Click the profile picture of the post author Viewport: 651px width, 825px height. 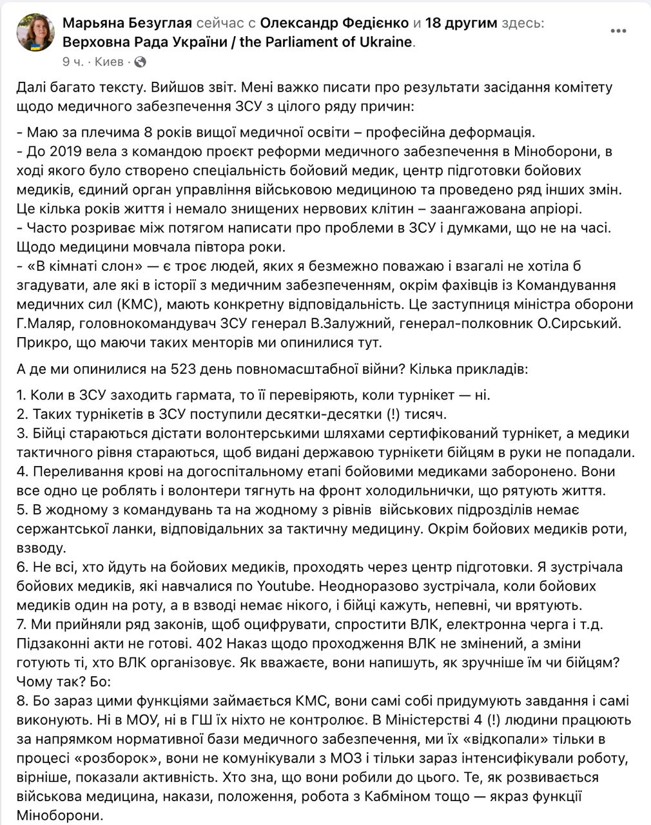pos(35,32)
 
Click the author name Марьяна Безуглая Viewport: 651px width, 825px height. pos(128,23)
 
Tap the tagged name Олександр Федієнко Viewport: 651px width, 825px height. pos(335,23)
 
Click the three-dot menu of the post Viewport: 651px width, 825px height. pos(619,31)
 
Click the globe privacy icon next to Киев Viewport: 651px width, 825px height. pos(140,62)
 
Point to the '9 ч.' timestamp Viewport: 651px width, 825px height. pos(73,62)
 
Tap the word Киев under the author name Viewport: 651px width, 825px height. pos(109,62)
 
